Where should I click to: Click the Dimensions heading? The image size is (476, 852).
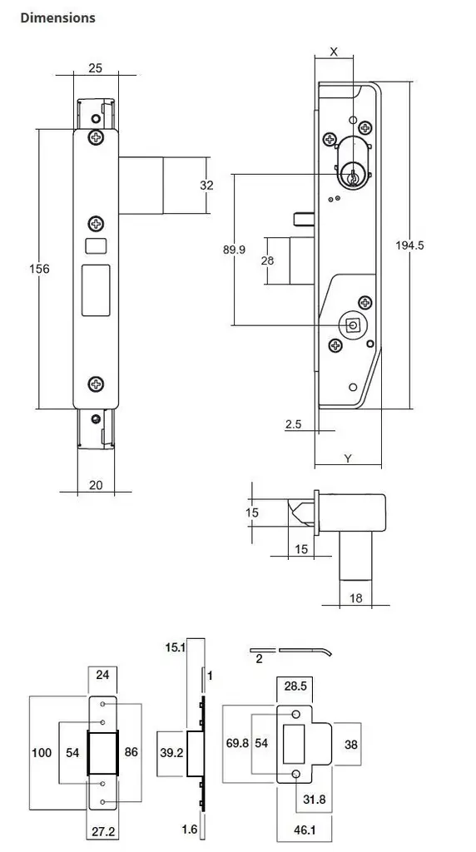point(57,17)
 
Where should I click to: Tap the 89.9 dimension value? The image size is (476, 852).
point(245,250)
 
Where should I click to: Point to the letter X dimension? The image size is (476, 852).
point(334,52)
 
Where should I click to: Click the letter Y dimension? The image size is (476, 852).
point(348,458)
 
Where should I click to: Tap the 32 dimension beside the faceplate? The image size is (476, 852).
point(206,186)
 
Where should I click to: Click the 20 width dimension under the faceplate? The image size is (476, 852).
point(96,484)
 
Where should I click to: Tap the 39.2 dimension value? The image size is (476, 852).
point(171,752)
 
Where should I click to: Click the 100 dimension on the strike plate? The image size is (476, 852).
point(42,753)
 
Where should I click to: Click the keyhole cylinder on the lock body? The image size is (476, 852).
point(354,176)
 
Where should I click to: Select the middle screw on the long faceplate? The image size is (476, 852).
point(97,223)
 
